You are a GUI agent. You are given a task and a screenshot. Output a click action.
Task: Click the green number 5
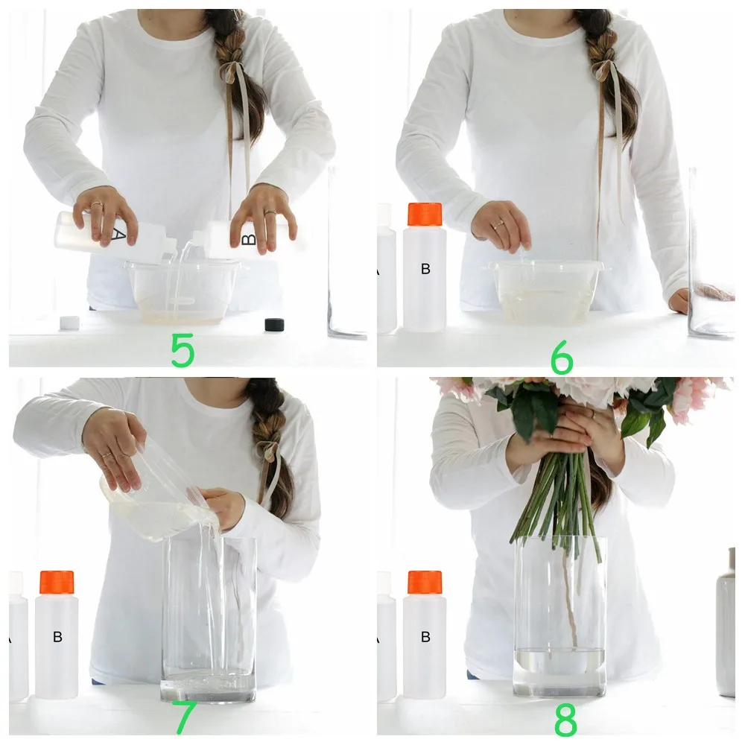click(183, 350)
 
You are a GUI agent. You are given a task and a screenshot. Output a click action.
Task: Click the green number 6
click(562, 359)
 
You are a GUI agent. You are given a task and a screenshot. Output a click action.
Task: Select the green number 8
click(565, 720)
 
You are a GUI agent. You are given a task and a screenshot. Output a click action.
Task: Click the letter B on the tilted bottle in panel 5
click(250, 239)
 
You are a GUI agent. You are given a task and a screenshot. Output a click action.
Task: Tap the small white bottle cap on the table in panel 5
click(69, 323)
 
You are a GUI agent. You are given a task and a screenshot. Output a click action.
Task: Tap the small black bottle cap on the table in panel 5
click(274, 324)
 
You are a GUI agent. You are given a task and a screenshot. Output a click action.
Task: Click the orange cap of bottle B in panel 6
click(425, 214)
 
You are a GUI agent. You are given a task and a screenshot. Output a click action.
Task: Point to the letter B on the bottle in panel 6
click(425, 269)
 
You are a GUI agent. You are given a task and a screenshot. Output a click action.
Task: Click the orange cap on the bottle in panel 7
click(57, 582)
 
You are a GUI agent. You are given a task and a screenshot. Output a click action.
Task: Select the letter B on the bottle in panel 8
click(425, 637)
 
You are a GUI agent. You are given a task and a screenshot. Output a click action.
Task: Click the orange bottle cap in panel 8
click(425, 582)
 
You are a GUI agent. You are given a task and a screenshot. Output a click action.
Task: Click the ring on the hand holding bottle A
click(97, 205)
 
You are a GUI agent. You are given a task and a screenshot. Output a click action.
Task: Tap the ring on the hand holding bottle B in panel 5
click(270, 214)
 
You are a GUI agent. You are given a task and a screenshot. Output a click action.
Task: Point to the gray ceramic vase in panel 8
click(726, 626)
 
